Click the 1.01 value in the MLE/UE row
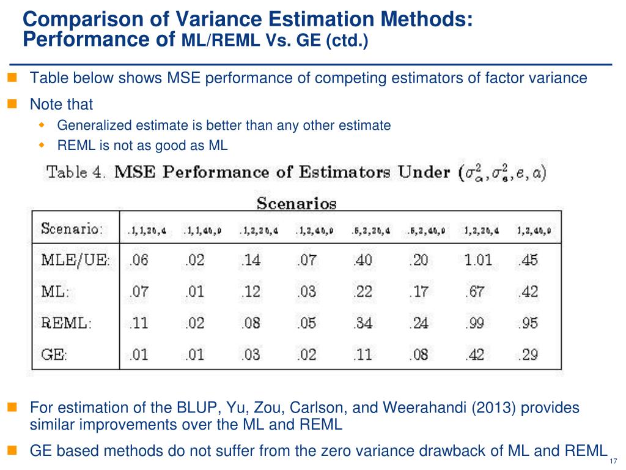pyautogui.click(x=477, y=260)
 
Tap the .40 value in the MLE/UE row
pyautogui.click(x=363, y=260)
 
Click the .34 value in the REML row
pyautogui.click(x=363, y=323)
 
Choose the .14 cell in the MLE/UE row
pyautogui.click(x=251, y=260)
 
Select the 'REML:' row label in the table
pyautogui.click(x=65, y=323)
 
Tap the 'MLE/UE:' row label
pyautogui.click(x=75, y=260)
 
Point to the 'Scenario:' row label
pyautogui.click(x=72, y=231)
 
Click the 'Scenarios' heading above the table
pyautogui.click(x=296, y=202)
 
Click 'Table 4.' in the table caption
pyautogui.click(x=76, y=172)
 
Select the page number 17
pyautogui.click(x=614, y=461)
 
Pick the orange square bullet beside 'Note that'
pyautogui.click(x=12, y=104)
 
